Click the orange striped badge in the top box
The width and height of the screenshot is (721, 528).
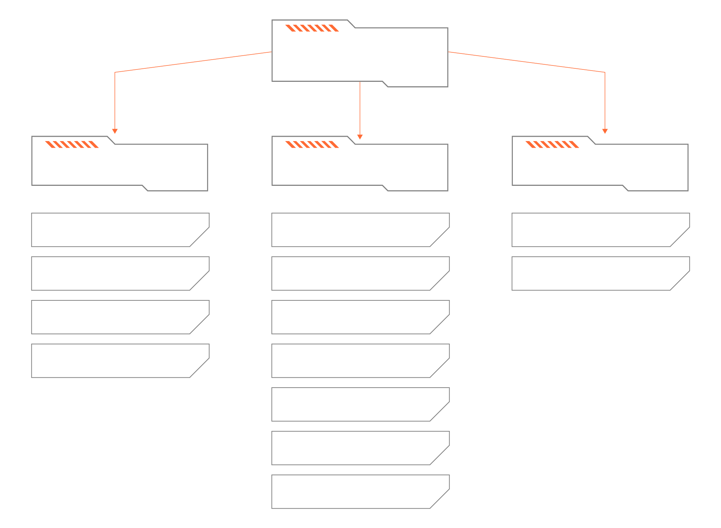(312, 28)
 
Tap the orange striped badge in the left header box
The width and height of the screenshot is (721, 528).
(72, 144)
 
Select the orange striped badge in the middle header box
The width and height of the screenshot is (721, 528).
(312, 144)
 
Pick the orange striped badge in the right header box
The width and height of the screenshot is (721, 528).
(552, 144)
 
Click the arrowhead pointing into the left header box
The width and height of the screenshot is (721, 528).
(115, 131)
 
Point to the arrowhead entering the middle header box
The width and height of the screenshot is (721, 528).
(360, 137)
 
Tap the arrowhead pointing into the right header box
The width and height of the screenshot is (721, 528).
(605, 131)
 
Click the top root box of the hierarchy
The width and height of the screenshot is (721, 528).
(360, 55)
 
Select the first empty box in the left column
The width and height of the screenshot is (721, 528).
(116, 230)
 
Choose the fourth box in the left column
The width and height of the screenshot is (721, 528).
(116, 361)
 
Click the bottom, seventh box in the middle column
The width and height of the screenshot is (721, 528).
(357, 492)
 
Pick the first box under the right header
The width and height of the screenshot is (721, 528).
(597, 230)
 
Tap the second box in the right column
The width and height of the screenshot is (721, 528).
(597, 273)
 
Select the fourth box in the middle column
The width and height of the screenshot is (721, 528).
(357, 361)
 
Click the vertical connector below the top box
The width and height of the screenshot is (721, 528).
(360, 109)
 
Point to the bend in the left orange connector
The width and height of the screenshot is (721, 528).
(115, 72)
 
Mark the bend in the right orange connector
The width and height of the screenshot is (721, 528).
(605, 72)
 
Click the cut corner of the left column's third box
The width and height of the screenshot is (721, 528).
(199, 324)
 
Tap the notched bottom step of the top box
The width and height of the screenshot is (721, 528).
(385, 84)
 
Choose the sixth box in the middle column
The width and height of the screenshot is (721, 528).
(357, 448)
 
